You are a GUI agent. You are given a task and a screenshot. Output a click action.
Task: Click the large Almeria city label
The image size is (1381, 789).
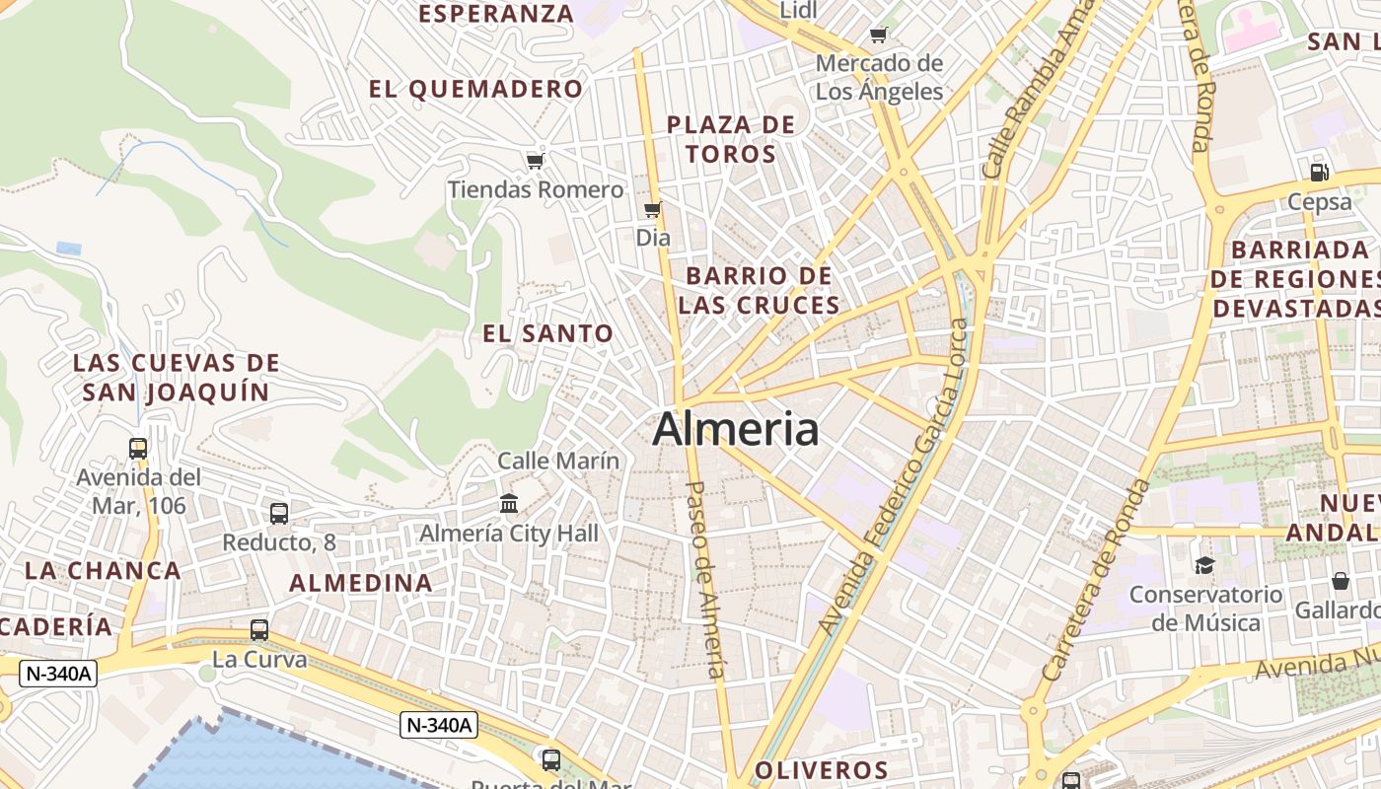[x=735, y=430]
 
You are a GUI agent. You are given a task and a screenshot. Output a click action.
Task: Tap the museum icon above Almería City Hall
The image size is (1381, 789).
[x=509, y=504]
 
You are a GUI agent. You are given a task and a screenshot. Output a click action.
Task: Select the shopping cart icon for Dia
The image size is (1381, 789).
[x=652, y=209]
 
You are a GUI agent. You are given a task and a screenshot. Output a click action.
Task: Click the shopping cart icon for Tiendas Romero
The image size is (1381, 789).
[x=536, y=161]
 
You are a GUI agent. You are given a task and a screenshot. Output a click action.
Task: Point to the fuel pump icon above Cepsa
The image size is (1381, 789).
[x=1320, y=172]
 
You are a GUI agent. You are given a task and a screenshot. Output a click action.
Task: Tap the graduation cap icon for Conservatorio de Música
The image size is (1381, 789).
[x=1204, y=565]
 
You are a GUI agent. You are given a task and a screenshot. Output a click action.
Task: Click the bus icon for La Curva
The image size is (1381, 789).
[x=259, y=630]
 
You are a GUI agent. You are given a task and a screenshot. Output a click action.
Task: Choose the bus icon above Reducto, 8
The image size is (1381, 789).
[x=279, y=513]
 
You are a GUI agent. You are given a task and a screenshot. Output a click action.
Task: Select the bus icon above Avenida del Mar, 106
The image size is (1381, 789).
[x=138, y=449]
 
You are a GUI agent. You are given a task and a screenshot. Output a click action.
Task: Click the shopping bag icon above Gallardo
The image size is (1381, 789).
[x=1340, y=581]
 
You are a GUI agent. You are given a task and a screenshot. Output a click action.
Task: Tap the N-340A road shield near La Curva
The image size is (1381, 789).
[x=59, y=674]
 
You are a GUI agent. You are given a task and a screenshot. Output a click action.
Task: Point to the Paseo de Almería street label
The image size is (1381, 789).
[x=706, y=579]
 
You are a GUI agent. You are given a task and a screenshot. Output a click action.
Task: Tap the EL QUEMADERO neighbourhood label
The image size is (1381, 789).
[x=476, y=90]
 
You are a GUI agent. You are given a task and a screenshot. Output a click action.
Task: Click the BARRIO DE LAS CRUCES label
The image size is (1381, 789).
[x=760, y=291]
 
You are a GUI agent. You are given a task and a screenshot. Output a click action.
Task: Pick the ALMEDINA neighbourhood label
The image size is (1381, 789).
[x=361, y=583]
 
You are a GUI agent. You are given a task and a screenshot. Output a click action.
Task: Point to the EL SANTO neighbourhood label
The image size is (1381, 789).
[x=548, y=334]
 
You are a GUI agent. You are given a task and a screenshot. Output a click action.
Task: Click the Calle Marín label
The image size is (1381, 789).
[x=558, y=461]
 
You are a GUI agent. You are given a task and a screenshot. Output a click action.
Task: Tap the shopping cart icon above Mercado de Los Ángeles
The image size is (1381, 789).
[x=879, y=36]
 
